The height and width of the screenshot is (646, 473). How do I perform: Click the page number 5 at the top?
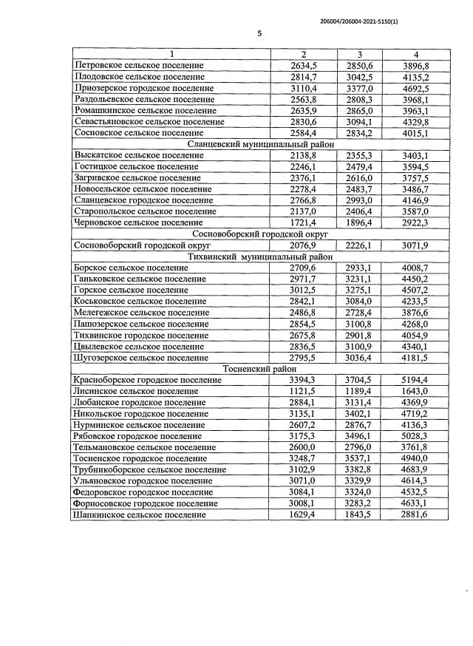(x=259, y=33)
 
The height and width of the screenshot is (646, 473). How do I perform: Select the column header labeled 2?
(x=303, y=54)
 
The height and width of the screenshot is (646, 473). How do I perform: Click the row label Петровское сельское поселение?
(x=140, y=65)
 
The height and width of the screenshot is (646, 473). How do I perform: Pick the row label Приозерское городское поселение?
(x=145, y=88)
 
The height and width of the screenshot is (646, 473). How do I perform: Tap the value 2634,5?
(x=303, y=65)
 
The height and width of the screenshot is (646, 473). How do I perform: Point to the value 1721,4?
(x=303, y=222)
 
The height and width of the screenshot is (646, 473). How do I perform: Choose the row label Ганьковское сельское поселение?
(x=140, y=279)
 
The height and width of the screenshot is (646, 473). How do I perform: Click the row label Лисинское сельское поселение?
(x=137, y=391)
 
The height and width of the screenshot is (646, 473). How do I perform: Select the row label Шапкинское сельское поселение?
(x=140, y=514)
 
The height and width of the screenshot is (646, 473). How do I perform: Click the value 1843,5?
(x=359, y=514)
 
